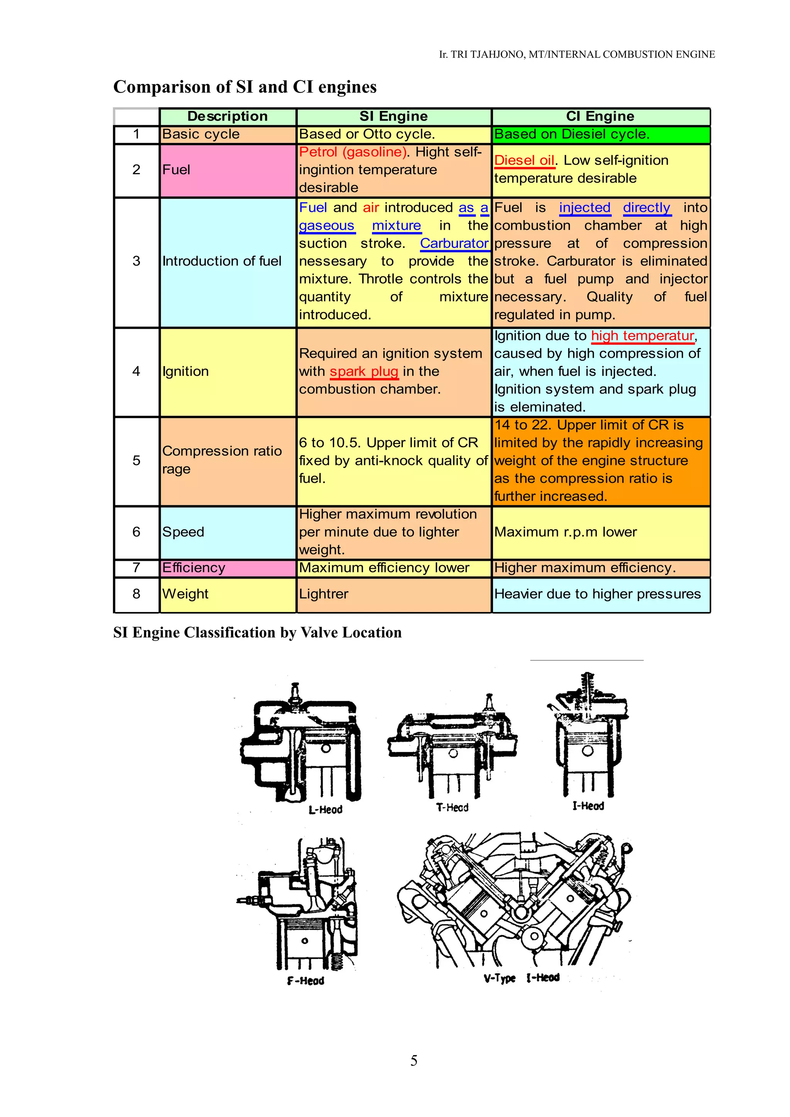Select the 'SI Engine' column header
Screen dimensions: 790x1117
pos(393,116)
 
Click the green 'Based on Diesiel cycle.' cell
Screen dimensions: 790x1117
pos(601,134)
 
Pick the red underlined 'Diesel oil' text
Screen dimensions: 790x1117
pos(524,161)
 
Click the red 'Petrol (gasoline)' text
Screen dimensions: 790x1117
pos(353,152)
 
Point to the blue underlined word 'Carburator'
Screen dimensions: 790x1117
pos(454,243)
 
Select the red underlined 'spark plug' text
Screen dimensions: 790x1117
pos(364,372)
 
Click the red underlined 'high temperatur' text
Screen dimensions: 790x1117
pos(642,336)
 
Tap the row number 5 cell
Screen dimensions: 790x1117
pos(136,461)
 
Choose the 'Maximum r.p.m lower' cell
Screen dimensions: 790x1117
pos(565,532)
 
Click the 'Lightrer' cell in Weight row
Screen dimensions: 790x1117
pos(324,594)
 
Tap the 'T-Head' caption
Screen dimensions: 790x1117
pos(452,807)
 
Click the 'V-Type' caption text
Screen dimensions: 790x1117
pos(500,978)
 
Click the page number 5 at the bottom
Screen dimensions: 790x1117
pos(414,1061)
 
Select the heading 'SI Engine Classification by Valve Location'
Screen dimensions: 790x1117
pos(258,633)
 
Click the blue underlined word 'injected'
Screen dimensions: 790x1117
pos(584,208)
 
